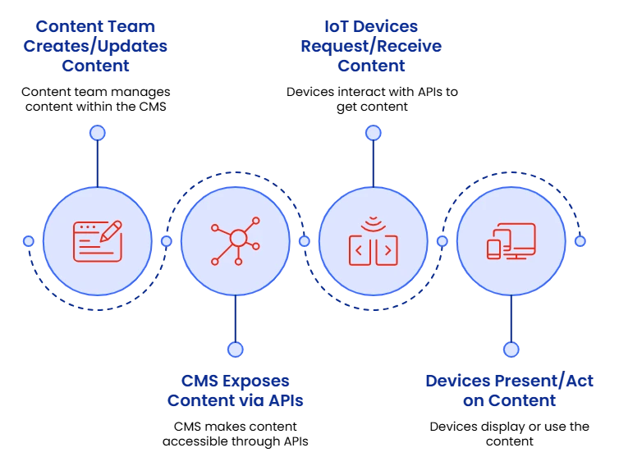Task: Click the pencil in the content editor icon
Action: pyautogui.click(x=111, y=230)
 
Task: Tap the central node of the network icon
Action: pyautogui.click(x=238, y=238)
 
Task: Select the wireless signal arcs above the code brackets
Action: pyautogui.click(x=374, y=222)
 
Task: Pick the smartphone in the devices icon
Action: pyautogui.click(x=494, y=249)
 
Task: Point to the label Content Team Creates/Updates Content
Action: pyautogui.click(x=96, y=46)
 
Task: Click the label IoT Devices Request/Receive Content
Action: pyautogui.click(x=371, y=46)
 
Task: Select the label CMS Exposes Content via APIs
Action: pyautogui.click(x=236, y=391)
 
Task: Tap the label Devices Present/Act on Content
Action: pyautogui.click(x=510, y=391)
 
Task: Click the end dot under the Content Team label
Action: pyautogui.click(x=97, y=133)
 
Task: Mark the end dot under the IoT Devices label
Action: pyautogui.click(x=373, y=133)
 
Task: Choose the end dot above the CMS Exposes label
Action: pyautogui.click(x=235, y=349)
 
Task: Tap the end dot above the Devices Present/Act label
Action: pyautogui.click(x=511, y=349)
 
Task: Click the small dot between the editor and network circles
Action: pyautogui.click(x=166, y=241)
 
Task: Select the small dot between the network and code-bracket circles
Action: pyautogui.click(x=304, y=241)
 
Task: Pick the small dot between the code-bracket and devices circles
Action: pyautogui.click(x=442, y=241)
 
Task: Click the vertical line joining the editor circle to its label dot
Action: pyautogui.click(x=97, y=162)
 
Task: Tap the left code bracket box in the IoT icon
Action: pyautogui.click(x=360, y=251)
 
